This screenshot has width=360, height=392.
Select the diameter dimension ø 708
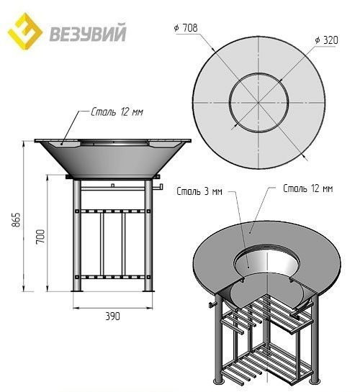185,28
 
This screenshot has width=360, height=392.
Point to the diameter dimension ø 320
328,40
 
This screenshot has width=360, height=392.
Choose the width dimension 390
112,315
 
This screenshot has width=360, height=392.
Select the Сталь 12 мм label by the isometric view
307,188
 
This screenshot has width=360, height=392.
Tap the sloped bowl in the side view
112,160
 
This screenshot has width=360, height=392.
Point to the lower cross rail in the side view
112,277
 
